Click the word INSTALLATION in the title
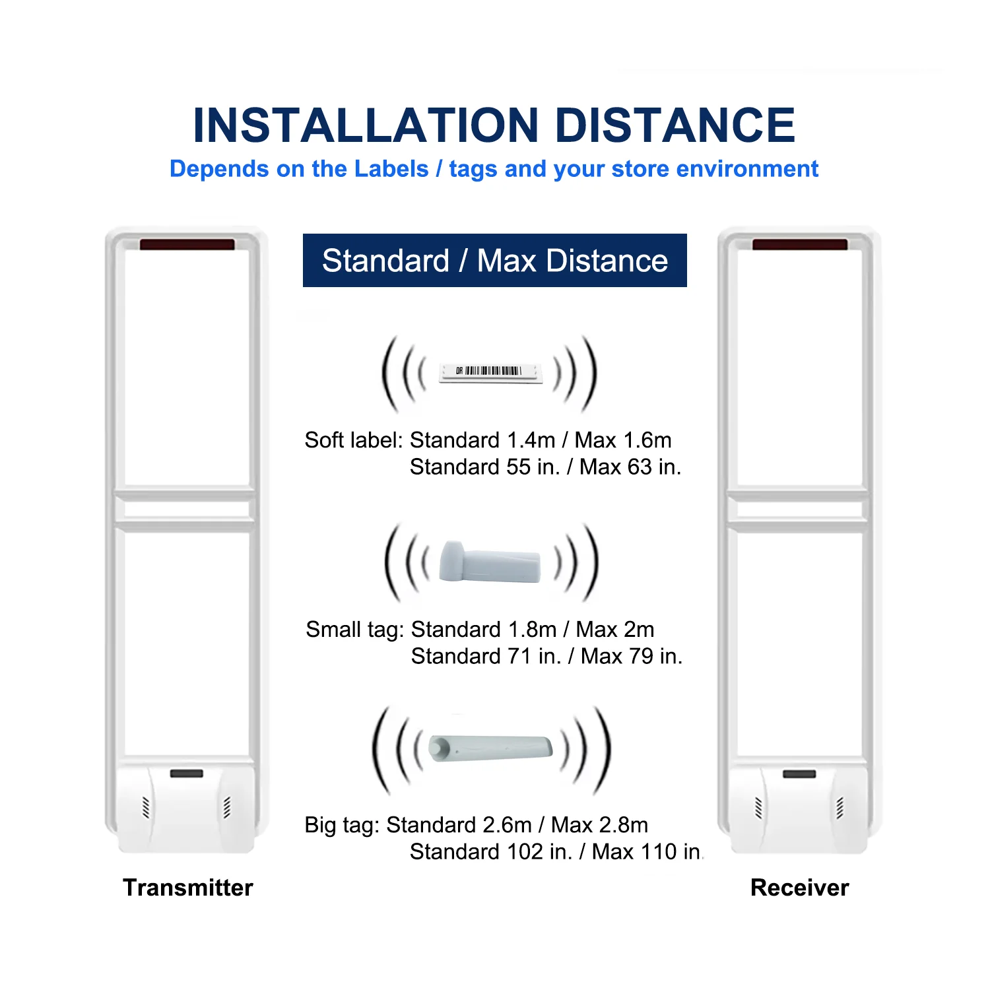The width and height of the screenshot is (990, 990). pos(366,125)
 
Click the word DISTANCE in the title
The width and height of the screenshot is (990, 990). pos(676,125)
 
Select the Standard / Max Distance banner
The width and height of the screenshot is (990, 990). pos(494,261)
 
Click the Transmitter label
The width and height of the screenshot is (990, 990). pos(188,888)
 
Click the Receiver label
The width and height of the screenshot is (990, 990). pos(799,888)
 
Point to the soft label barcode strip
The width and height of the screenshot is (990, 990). pos(491,373)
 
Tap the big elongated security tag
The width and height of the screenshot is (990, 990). pos(491,748)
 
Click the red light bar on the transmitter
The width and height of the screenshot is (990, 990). pos(187,245)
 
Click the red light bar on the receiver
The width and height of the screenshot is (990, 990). pos(799,245)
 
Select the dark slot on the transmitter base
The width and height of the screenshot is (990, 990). pos(187,774)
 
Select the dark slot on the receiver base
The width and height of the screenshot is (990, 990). pos(799,774)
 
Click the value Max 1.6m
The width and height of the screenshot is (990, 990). pos(623,440)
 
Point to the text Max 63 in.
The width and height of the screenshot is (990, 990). pos(630,467)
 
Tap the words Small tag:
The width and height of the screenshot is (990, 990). pos(354,630)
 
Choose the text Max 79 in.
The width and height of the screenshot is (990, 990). pos(632,657)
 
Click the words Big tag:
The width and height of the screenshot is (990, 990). pos(342,825)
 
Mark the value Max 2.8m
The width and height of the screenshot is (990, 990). pos(599,825)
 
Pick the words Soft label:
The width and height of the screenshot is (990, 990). pos(353,440)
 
